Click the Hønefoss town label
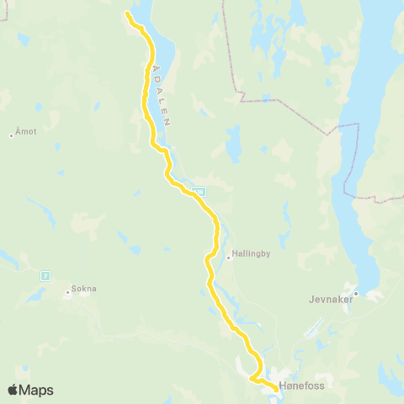[300, 388]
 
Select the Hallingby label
[251, 252]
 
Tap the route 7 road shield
[45, 275]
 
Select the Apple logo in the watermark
[13, 390]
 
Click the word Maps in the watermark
[38, 390]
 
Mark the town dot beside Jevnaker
[356, 294]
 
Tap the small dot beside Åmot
[11, 136]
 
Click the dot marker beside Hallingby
[229, 258]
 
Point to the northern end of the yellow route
[127, 13]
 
